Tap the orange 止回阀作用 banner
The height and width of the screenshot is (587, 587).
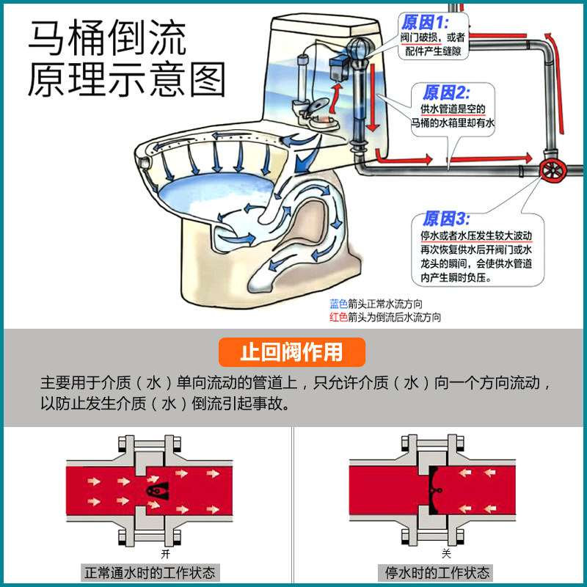coord(291,352)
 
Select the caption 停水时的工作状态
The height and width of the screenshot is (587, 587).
coord(437,572)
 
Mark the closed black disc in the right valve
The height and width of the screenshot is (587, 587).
coord(434,490)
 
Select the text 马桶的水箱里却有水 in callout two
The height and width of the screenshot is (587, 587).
coord(453,124)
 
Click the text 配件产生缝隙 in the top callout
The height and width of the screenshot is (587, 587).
coord(434,51)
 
